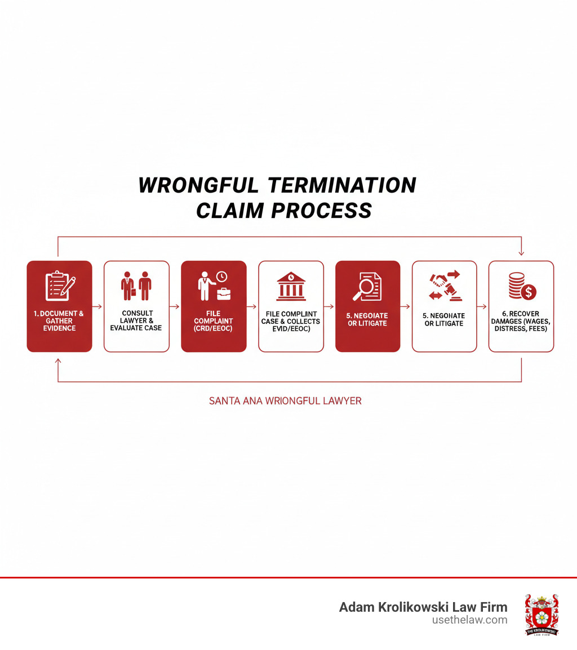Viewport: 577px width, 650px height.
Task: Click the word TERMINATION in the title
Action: pyautogui.click(x=341, y=185)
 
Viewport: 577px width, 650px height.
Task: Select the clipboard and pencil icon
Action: pyautogui.click(x=60, y=286)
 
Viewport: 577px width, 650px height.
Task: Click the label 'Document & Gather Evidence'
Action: pyautogui.click(x=59, y=321)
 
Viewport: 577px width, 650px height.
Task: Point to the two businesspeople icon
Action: pyautogui.click(x=136, y=286)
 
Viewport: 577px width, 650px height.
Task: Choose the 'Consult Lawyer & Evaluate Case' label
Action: pyautogui.click(x=136, y=320)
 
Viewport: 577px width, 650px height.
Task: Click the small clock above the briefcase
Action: pyautogui.click(x=221, y=277)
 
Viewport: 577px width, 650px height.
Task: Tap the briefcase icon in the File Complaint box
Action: pyautogui.click(x=224, y=293)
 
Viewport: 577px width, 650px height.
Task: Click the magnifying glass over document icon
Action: pyautogui.click(x=367, y=286)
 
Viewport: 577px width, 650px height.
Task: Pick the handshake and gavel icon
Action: pyautogui.click(x=445, y=286)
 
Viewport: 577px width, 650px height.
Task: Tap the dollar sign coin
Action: pyautogui.click(x=529, y=292)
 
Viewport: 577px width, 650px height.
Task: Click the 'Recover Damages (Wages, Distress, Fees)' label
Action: pyautogui.click(x=521, y=321)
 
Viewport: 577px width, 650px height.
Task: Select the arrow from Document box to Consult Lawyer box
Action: pyautogui.click(x=97, y=306)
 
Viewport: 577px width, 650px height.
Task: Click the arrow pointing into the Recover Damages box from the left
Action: pyautogui.click(x=482, y=306)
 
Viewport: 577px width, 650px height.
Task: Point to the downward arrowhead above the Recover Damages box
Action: pyautogui.click(x=522, y=253)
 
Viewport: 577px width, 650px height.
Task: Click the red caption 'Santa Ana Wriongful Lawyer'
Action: pyautogui.click(x=285, y=401)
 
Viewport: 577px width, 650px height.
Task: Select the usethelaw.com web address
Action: pyautogui.click(x=469, y=620)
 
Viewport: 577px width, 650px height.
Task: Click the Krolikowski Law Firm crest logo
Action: pyautogui.click(x=542, y=615)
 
